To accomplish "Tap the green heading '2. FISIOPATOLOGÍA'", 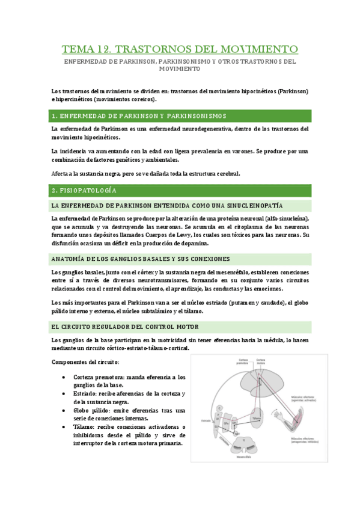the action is pyautogui.click(x=84, y=190).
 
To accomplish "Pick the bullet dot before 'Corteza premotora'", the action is pyautogui.click(x=64, y=377).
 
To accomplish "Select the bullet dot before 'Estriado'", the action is pyautogui.click(x=64, y=393).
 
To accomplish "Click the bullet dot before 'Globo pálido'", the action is pyautogui.click(x=64, y=410).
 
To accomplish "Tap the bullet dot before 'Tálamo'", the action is pyautogui.click(x=64, y=427).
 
